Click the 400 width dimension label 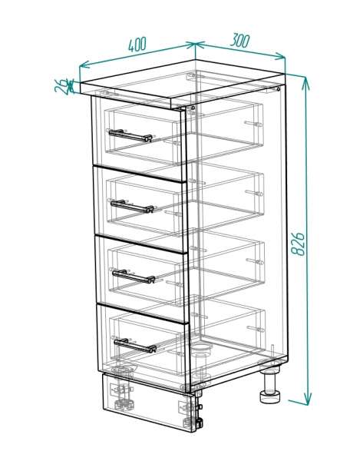137,45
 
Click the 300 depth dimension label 240,40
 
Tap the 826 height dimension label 298,244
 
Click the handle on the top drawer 130,135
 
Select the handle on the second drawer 132,206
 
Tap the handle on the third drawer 134,277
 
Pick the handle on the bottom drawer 135,346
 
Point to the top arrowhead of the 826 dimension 305,81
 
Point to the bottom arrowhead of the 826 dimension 307,400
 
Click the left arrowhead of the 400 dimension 84,65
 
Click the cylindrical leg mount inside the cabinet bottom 202,349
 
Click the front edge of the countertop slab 126,95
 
